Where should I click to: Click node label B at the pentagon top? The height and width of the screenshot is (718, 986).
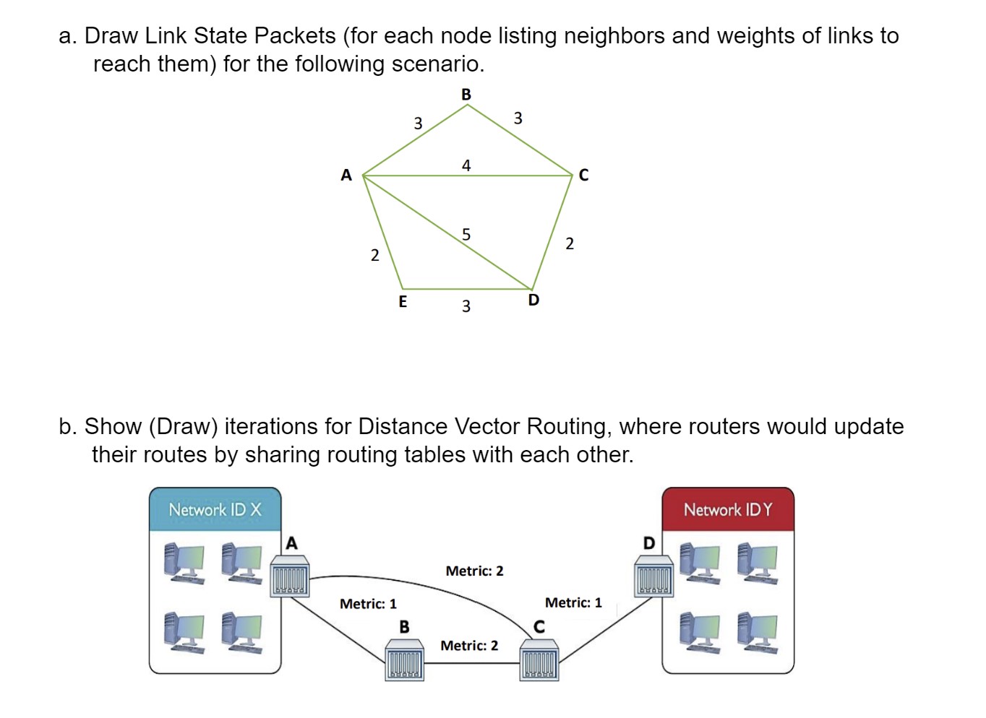tap(466, 95)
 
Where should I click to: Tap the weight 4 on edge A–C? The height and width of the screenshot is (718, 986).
tap(466, 165)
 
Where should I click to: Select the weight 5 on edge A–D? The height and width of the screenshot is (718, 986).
tap(466, 234)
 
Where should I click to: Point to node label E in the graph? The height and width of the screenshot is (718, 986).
tap(403, 301)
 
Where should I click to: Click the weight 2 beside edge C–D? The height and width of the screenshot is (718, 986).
tap(570, 243)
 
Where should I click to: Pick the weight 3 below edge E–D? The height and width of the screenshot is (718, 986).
tap(466, 306)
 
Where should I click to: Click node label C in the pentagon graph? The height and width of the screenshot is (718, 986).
tap(583, 176)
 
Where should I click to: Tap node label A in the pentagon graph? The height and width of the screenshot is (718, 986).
tap(346, 175)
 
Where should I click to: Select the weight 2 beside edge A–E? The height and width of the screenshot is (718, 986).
tap(374, 255)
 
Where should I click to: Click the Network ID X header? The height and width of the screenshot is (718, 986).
tap(215, 510)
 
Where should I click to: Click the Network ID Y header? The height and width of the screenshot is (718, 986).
tap(727, 510)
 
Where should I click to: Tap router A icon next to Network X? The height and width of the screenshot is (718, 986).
tap(290, 576)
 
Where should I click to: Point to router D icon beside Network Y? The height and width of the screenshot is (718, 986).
tap(654, 576)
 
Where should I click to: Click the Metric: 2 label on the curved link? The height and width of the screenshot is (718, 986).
tap(474, 571)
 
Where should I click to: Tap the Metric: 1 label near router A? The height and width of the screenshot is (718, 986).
tap(368, 604)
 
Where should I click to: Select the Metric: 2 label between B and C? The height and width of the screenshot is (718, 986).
tap(469, 646)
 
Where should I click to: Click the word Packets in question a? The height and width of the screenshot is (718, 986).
tap(295, 35)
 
